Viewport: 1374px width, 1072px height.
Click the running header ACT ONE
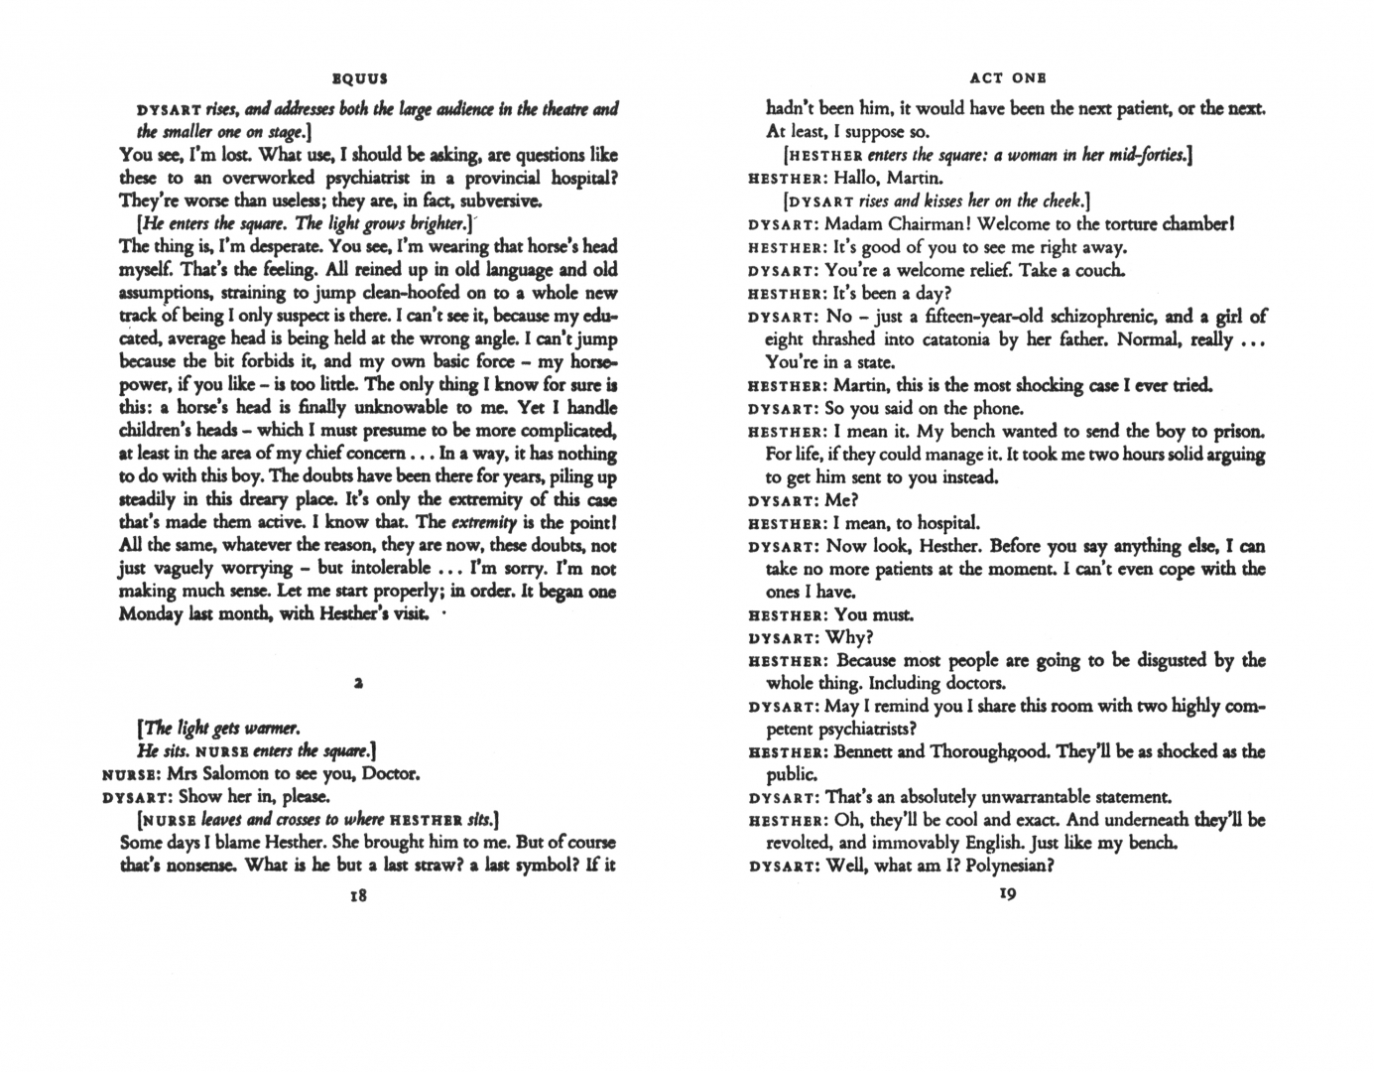point(1008,77)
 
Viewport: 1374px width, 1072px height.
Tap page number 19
point(1008,893)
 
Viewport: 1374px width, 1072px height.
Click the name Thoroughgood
point(987,751)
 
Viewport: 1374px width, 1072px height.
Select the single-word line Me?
point(842,500)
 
